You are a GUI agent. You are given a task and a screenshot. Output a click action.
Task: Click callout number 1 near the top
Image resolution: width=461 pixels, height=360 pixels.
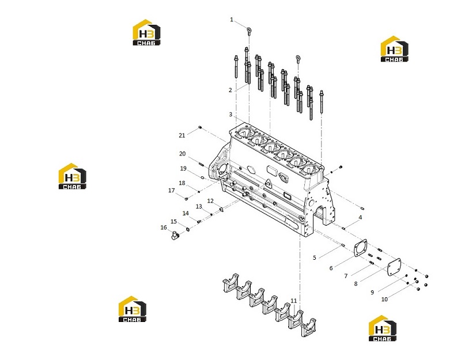[x=232, y=20]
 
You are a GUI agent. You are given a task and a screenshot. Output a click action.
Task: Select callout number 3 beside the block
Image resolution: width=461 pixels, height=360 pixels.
[x=231, y=114]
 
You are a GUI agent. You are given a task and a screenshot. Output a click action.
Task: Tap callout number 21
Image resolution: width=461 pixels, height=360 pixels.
[x=182, y=135]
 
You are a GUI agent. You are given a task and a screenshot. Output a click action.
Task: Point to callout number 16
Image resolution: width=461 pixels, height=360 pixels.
[x=164, y=228]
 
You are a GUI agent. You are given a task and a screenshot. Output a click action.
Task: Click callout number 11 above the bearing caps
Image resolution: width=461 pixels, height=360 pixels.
[x=294, y=301]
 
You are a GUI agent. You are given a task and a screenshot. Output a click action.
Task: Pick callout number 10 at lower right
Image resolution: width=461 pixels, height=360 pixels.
[x=384, y=299]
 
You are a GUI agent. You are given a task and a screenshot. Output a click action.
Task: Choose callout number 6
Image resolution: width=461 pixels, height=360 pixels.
[x=331, y=268]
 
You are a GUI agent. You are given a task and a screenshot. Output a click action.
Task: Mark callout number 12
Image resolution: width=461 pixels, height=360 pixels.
[x=210, y=200]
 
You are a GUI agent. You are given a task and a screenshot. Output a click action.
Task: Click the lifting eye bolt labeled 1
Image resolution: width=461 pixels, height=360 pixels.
[x=249, y=31]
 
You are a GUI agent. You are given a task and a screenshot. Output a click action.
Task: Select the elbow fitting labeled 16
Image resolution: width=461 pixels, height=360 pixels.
[x=175, y=236]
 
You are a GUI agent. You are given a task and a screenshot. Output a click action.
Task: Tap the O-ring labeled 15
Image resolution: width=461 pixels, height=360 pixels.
[x=188, y=229]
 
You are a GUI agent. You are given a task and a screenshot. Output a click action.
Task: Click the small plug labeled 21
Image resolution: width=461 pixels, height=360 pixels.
[x=200, y=127]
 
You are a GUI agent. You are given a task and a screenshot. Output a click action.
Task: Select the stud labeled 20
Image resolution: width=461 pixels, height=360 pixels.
[x=201, y=164]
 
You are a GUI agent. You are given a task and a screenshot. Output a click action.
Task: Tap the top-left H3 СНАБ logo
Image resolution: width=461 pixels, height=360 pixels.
[x=146, y=32]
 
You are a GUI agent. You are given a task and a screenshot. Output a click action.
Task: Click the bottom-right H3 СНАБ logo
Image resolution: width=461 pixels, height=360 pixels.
[x=383, y=328]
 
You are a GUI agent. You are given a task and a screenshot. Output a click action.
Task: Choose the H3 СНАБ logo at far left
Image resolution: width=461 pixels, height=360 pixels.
[x=73, y=176]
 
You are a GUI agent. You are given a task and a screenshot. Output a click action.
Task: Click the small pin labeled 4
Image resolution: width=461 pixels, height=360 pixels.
[x=343, y=228]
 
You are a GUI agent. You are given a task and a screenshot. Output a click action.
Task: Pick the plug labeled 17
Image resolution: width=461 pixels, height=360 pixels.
[x=186, y=199]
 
